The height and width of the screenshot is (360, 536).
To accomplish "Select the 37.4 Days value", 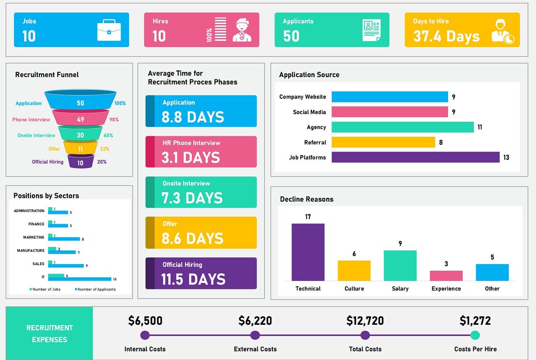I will (446, 36).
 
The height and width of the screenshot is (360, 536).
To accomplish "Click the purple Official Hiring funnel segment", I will (80, 162).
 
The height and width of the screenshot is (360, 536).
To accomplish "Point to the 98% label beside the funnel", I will (114, 120).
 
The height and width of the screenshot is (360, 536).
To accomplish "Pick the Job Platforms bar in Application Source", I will (415, 157).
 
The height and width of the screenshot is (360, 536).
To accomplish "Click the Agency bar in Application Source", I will (402, 127).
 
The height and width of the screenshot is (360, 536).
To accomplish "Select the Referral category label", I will (315, 142).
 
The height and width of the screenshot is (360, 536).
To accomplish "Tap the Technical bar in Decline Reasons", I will (308, 252).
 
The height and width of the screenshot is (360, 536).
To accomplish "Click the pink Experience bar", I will (446, 276).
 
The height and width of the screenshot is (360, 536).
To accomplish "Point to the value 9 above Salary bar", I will (400, 243).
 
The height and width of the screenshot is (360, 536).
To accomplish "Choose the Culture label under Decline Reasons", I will (354, 289).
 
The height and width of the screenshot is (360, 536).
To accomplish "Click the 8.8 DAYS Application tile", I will (201, 111).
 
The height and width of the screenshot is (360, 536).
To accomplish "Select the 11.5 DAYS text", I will (193, 279).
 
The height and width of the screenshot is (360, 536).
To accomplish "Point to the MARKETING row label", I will (34, 237).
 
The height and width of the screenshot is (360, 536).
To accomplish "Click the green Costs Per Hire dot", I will (475, 335).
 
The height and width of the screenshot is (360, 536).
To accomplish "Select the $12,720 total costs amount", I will (365, 321).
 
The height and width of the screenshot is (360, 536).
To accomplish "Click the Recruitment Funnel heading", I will (47, 75).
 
